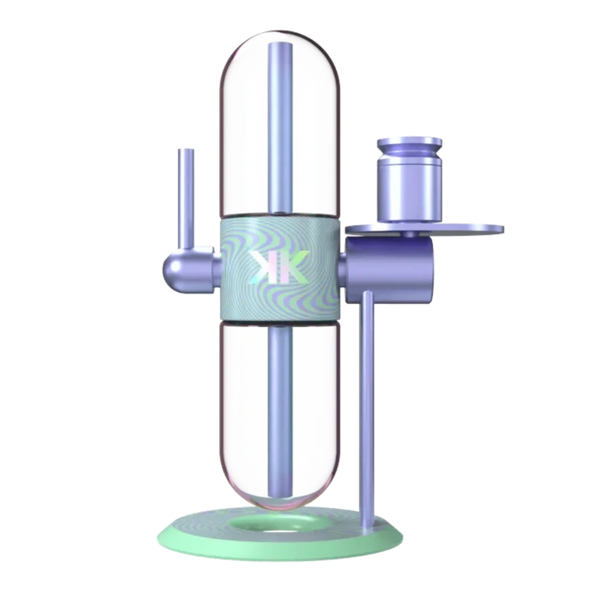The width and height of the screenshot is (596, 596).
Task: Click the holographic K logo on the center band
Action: (x=279, y=267)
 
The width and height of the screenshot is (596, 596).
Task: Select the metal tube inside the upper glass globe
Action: (x=281, y=127)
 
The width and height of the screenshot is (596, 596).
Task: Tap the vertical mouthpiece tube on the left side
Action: (x=186, y=197)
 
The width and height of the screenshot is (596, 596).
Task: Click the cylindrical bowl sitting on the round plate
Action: (x=409, y=180)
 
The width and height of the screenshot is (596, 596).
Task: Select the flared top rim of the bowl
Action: (x=409, y=143)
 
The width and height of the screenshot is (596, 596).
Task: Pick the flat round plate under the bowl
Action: (x=425, y=229)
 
